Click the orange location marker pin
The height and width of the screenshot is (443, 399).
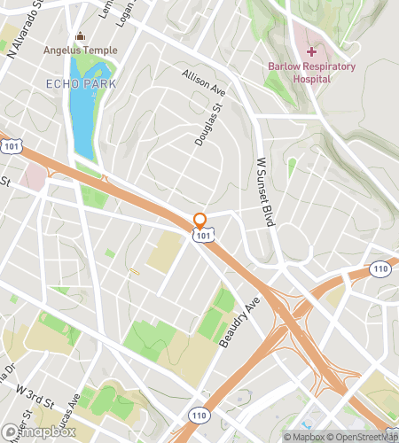point(199,221)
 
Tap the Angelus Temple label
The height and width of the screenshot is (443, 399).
point(81,50)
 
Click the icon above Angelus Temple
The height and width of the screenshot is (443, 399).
point(81,36)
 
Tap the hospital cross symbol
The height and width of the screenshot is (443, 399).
point(311,52)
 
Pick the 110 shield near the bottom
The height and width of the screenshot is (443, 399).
point(197,414)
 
